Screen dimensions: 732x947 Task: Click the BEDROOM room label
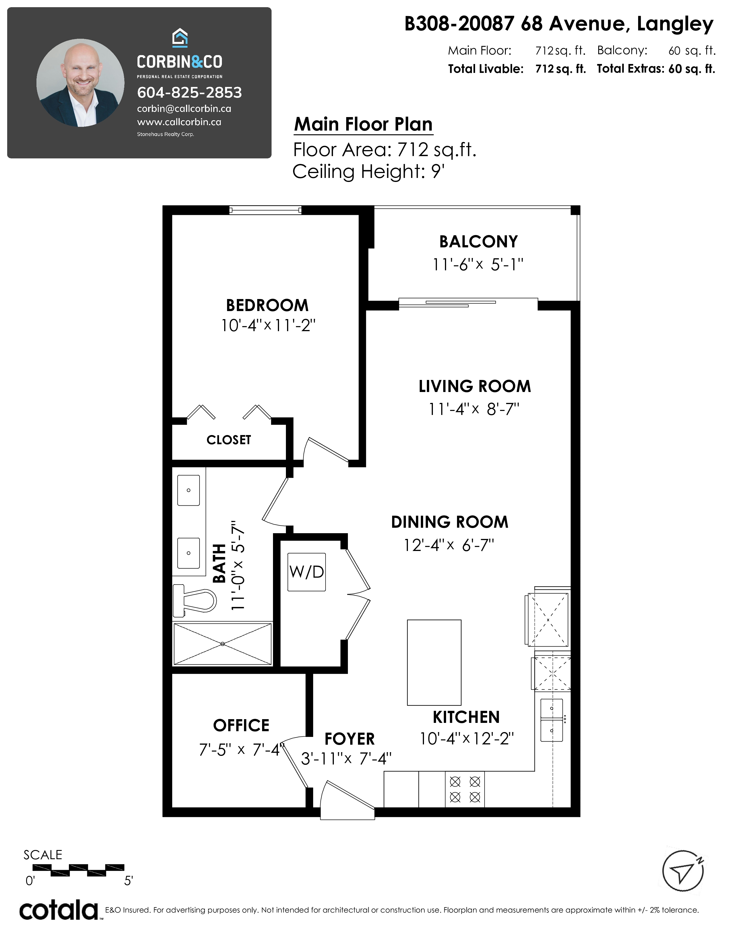click(x=267, y=305)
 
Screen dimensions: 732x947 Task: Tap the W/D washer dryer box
click(x=307, y=572)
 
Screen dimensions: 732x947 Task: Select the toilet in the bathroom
click(x=195, y=600)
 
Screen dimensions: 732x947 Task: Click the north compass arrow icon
click(x=683, y=872)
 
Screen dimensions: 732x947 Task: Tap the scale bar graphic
click(x=78, y=868)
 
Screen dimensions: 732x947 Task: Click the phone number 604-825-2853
click(x=189, y=92)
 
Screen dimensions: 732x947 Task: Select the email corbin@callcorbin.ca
click(x=184, y=109)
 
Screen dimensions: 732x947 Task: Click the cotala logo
click(x=59, y=911)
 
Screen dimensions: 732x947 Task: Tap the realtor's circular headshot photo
click(x=80, y=83)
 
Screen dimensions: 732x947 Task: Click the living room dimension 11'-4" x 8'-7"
click(x=474, y=409)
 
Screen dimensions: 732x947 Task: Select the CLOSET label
click(x=228, y=440)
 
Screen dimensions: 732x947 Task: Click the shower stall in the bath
click(x=222, y=644)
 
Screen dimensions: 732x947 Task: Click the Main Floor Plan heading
click(x=363, y=125)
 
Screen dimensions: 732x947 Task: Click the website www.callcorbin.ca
click(x=179, y=122)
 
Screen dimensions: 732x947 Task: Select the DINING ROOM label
click(x=450, y=522)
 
